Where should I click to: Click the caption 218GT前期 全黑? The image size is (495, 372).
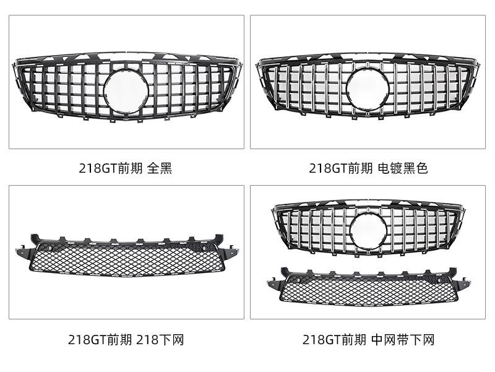[x=126, y=168]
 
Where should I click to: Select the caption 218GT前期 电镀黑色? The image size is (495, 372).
[x=369, y=168]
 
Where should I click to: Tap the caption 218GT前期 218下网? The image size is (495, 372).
[x=126, y=340]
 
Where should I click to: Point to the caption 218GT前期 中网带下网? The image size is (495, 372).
[x=369, y=340]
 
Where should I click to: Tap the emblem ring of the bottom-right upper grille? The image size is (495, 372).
[x=368, y=230]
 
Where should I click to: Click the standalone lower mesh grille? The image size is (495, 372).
[x=127, y=260]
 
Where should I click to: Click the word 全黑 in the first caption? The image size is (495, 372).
[x=160, y=168]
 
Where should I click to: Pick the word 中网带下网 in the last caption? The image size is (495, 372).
[x=403, y=340]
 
